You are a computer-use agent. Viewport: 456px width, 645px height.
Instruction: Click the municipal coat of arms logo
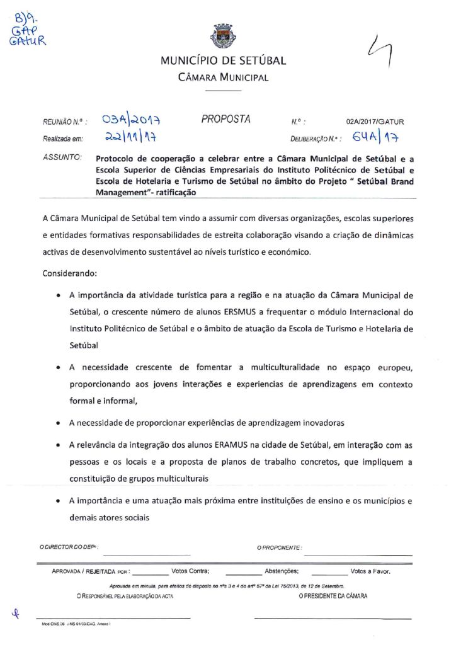[223, 36]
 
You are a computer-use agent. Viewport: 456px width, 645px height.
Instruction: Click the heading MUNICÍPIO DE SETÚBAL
[224, 61]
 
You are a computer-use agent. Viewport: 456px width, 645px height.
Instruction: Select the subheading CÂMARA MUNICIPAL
[224, 77]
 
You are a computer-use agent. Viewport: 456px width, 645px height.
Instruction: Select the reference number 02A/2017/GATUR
[375, 122]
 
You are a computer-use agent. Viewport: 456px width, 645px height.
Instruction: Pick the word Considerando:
[69, 275]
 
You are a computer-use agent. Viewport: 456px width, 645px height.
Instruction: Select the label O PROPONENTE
[279, 549]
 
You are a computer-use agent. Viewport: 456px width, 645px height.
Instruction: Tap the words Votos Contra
[190, 571]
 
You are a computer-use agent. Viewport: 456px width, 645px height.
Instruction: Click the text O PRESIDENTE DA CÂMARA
[333, 595]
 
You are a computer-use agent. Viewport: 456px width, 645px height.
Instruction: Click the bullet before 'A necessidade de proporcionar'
[58, 423]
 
